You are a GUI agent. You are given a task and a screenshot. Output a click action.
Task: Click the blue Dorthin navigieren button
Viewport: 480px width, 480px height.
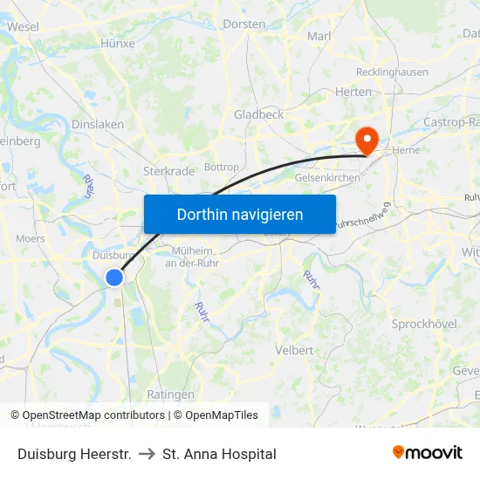240,214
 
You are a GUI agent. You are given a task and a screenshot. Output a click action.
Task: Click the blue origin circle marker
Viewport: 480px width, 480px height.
114,277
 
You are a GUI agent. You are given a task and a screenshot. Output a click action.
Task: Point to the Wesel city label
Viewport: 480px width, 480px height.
23,27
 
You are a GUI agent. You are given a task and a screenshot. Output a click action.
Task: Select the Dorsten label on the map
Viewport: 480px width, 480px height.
243,24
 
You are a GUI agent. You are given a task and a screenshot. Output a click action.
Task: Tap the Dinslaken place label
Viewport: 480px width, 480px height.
98,125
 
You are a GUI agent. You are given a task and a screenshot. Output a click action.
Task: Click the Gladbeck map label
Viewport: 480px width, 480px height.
258,114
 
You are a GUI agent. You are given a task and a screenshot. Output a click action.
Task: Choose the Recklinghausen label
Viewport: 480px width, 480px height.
392,72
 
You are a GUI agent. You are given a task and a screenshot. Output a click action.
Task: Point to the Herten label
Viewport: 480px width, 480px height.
353,92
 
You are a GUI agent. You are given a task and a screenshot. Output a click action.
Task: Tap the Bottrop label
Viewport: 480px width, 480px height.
221,167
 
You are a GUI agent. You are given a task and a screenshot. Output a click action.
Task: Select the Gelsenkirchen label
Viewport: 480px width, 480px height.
327,177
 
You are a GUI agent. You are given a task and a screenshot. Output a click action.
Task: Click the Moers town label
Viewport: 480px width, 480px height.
31,238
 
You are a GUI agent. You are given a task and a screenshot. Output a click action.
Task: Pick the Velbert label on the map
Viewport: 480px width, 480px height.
294,350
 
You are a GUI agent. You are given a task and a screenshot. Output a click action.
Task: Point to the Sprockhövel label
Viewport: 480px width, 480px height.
424,324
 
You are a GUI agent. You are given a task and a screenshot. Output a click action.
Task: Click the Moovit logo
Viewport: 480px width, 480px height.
427,453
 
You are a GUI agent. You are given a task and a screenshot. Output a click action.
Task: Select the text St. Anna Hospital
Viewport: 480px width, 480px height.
219,454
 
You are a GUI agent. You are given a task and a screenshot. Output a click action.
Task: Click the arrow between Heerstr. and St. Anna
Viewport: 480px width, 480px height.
147,454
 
